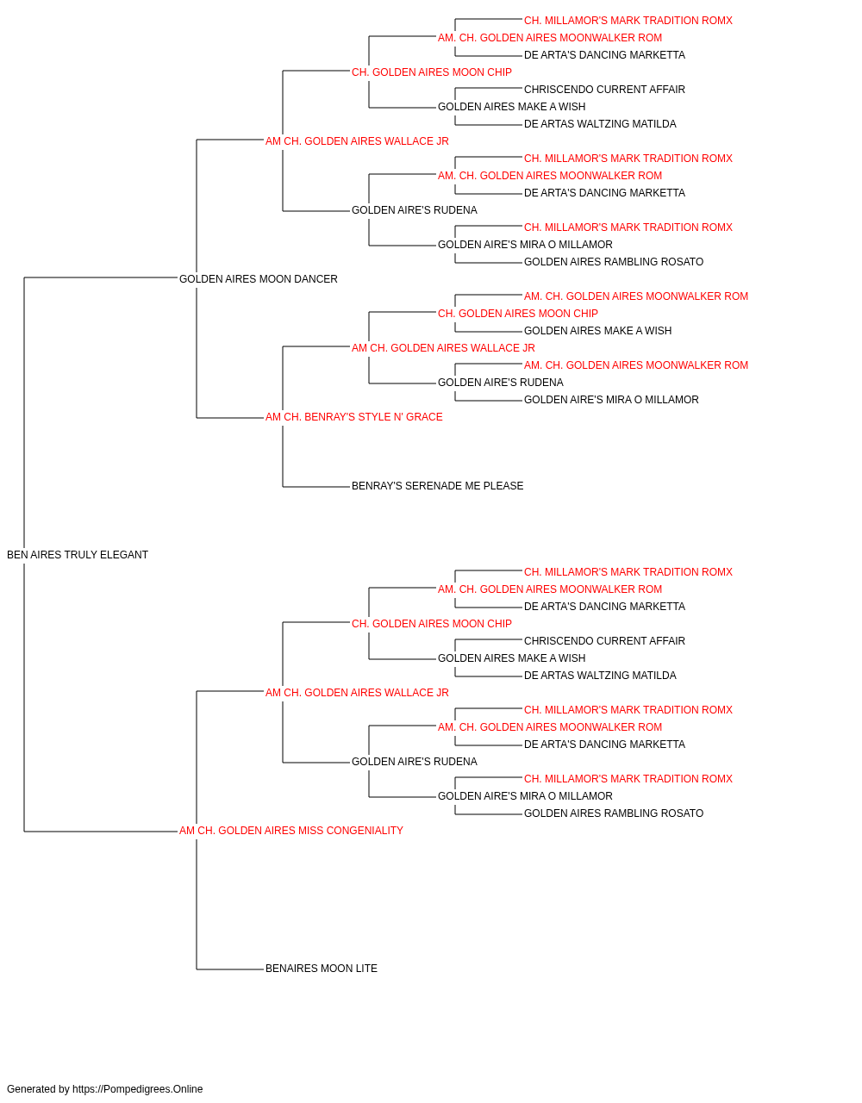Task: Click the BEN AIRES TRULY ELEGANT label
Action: pyautogui.click(x=78, y=555)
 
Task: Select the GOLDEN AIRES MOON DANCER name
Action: pyautogui.click(x=259, y=279)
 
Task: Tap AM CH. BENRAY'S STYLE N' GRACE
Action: pyautogui.click(x=353, y=417)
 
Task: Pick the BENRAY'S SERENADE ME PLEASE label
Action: pyautogui.click(x=438, y=486)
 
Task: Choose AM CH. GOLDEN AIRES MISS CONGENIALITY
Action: pyautogui.click(x=290, y=831)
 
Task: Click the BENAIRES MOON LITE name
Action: pyautogui.click(x=322, y=969)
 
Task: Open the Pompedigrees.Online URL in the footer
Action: pyautogui.click(x=138, y=1089)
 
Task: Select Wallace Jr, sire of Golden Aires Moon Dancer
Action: pyautogui.click(x=357, y=141)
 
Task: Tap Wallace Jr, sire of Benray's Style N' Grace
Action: pyautogui.click(x=443, y=348)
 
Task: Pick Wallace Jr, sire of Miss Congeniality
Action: pyautogui.click(x=357, y=693)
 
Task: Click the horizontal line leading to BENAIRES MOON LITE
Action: pyautogui.click(x=230, y=969)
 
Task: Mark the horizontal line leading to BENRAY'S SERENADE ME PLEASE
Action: pyautogui.click(x=316, y=487)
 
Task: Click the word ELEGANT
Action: pyautogui.click(x=124, y=555)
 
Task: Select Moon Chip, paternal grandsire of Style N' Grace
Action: pyautogui.click(x=518, y=314)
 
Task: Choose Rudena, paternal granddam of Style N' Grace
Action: pyautogui.click(x=501, y=383)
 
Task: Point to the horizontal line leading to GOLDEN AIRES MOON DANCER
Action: pyautogui.click(x=101, y=277)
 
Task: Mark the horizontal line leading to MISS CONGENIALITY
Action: pyautogui.click(x=101, y=832)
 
